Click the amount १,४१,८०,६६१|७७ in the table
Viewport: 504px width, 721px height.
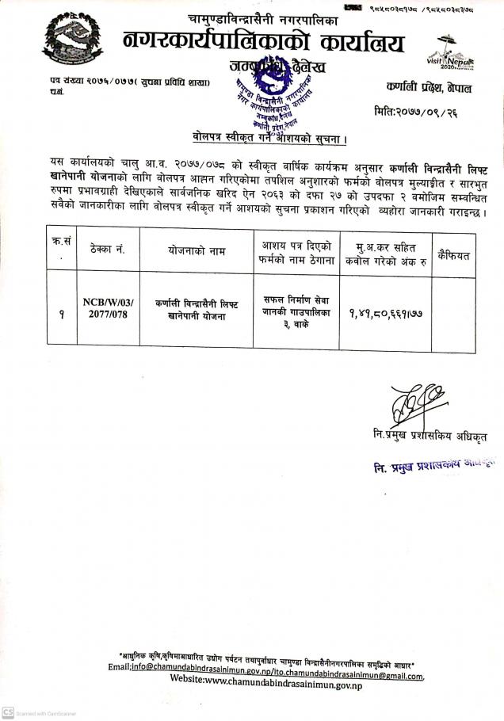click(384, 309)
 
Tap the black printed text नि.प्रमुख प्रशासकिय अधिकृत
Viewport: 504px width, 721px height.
click(433, 437)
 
